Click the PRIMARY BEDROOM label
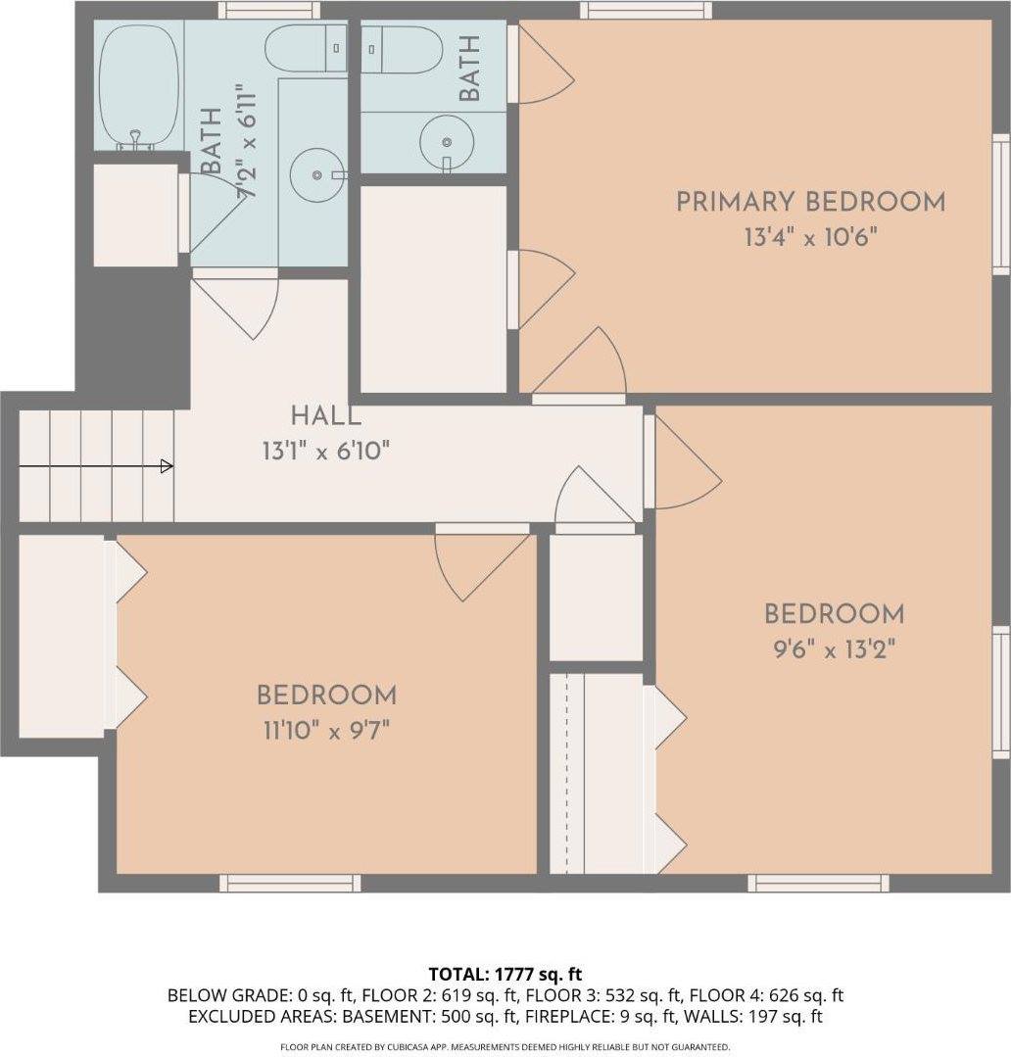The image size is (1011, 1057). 810,202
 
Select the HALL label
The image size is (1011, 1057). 324,416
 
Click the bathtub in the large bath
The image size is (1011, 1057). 138,86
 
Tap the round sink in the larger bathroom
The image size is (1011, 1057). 317,174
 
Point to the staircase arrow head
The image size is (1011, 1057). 167,466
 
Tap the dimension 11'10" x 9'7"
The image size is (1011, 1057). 326,730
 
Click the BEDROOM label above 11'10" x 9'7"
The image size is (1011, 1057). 326,696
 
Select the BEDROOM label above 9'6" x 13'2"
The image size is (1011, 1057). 834,614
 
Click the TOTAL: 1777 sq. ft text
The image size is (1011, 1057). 505,974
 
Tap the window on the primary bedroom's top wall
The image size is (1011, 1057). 645,11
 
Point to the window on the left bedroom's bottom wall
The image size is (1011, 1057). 290,883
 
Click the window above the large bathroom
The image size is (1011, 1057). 268,11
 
